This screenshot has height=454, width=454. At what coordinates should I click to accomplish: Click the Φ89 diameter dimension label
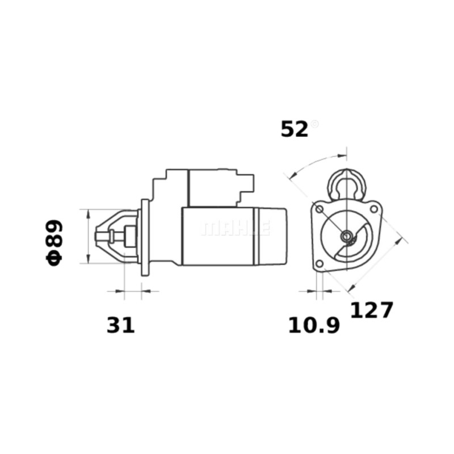[x=54, y=243]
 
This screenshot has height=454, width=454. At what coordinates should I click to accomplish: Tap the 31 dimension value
[x=121, y=325]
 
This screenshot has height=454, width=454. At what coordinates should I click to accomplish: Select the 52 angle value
[x=294, y=129]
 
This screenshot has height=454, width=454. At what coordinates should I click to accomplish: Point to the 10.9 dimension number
[x=314, y=325]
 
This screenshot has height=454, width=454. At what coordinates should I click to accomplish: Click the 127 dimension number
[x=372, y=310]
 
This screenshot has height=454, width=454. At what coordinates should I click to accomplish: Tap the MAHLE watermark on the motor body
[x=236, y=228]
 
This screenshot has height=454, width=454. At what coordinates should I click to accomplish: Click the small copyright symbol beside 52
[x=314, y=124]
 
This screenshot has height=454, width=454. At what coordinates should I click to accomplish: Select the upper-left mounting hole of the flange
[x=320, y=209]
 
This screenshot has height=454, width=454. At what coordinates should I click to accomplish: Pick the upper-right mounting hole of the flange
[x=374, y=209]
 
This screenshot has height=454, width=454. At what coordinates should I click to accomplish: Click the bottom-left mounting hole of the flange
[x=320, y=263]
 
